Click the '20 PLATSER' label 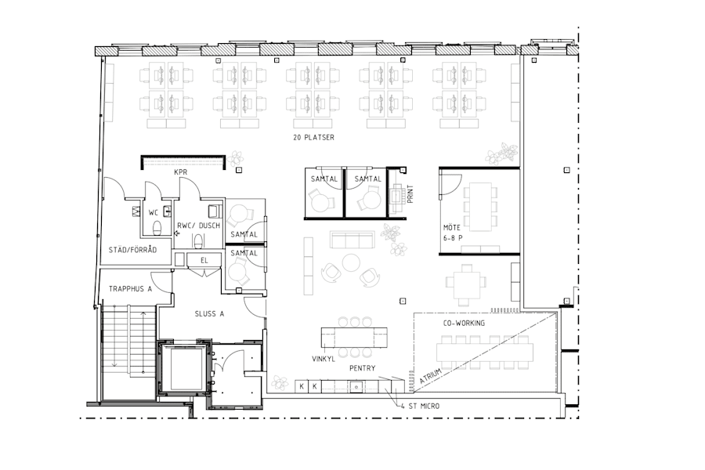pos(313,137)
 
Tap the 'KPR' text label pos(180,172)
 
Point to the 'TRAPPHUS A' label pos(130,287)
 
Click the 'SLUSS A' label pos(210,313)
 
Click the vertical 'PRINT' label pos(410,194)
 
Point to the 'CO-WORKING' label pos(464,323)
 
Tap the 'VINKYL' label pos(324,359)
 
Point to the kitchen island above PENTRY pos(354,338)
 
